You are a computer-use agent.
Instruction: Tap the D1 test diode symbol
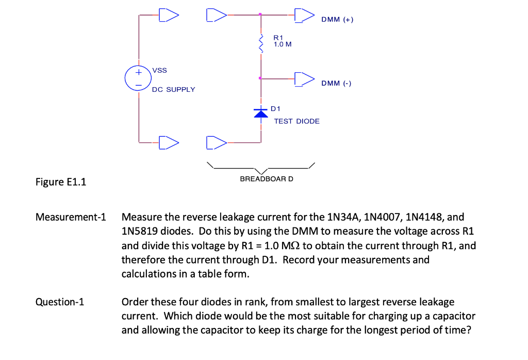(x=261, y=113)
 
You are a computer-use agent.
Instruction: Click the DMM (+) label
(x=337, y=20)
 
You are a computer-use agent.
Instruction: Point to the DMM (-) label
(x=336, y=83)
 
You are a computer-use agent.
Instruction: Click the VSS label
(x=159, y=70)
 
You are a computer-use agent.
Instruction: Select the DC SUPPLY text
(x=173, y=90)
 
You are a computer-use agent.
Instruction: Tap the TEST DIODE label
(x=296, y=121)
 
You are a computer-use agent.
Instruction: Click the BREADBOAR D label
(x=267, y=179)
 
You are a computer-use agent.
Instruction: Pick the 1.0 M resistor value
(x=283, y=44)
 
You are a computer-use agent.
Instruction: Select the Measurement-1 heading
(x=71, y=217)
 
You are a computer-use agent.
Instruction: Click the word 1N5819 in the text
(x=139, y=231)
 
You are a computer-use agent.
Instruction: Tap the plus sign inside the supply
(x=138, y=73)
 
